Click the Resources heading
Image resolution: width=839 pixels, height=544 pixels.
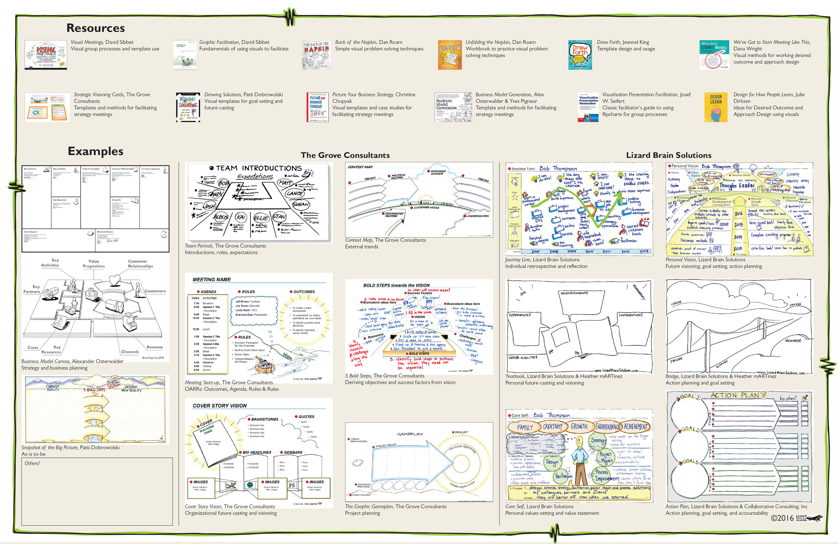96,28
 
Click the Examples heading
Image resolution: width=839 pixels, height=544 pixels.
96,151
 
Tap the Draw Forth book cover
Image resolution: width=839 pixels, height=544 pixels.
580,55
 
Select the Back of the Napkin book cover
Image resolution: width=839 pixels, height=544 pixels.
316,55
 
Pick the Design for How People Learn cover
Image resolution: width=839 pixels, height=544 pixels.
715,107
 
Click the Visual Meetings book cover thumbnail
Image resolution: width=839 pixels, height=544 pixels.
46,55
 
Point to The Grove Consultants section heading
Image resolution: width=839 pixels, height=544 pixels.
345,155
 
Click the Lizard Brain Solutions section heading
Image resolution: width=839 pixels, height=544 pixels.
669,155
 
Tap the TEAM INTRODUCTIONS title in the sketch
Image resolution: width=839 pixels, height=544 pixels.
259,168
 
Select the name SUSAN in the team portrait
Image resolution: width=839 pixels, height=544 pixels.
301,204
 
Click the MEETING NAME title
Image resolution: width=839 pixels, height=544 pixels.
211,279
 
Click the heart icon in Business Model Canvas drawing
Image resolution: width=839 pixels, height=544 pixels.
114,280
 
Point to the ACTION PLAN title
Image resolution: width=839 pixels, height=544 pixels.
734,395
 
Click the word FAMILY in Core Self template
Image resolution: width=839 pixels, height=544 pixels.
525,427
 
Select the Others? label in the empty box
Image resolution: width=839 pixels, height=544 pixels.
33,463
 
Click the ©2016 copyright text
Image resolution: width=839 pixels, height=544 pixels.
782,518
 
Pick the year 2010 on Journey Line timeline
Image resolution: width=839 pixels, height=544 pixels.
589,251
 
